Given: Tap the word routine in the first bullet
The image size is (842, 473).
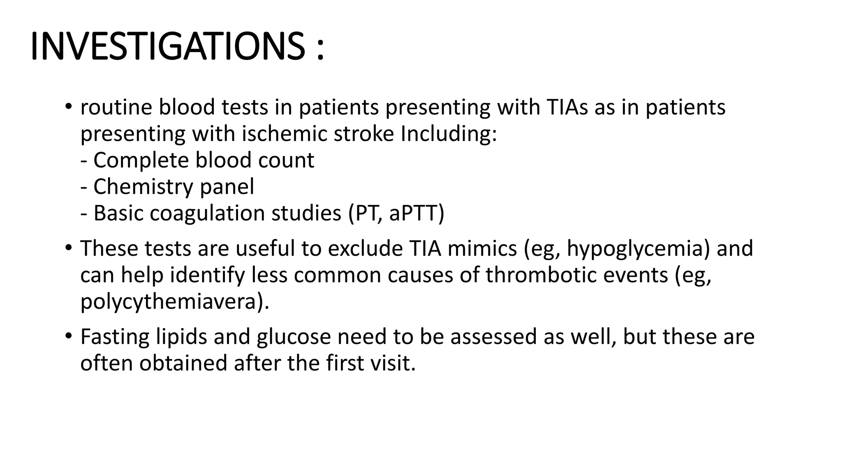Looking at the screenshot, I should (x=116, y=108).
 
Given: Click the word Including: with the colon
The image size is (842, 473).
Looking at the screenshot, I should (x=449, y=134).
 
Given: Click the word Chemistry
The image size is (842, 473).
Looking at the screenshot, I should (x=143, y=187).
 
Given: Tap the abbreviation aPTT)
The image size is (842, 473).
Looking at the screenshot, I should (x=416, y=214).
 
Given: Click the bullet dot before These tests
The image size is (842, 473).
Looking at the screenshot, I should (x=68, y=248).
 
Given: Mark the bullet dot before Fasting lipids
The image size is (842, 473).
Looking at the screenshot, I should (x=68, y=336).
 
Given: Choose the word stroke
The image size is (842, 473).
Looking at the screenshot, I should (x=364, y=134).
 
